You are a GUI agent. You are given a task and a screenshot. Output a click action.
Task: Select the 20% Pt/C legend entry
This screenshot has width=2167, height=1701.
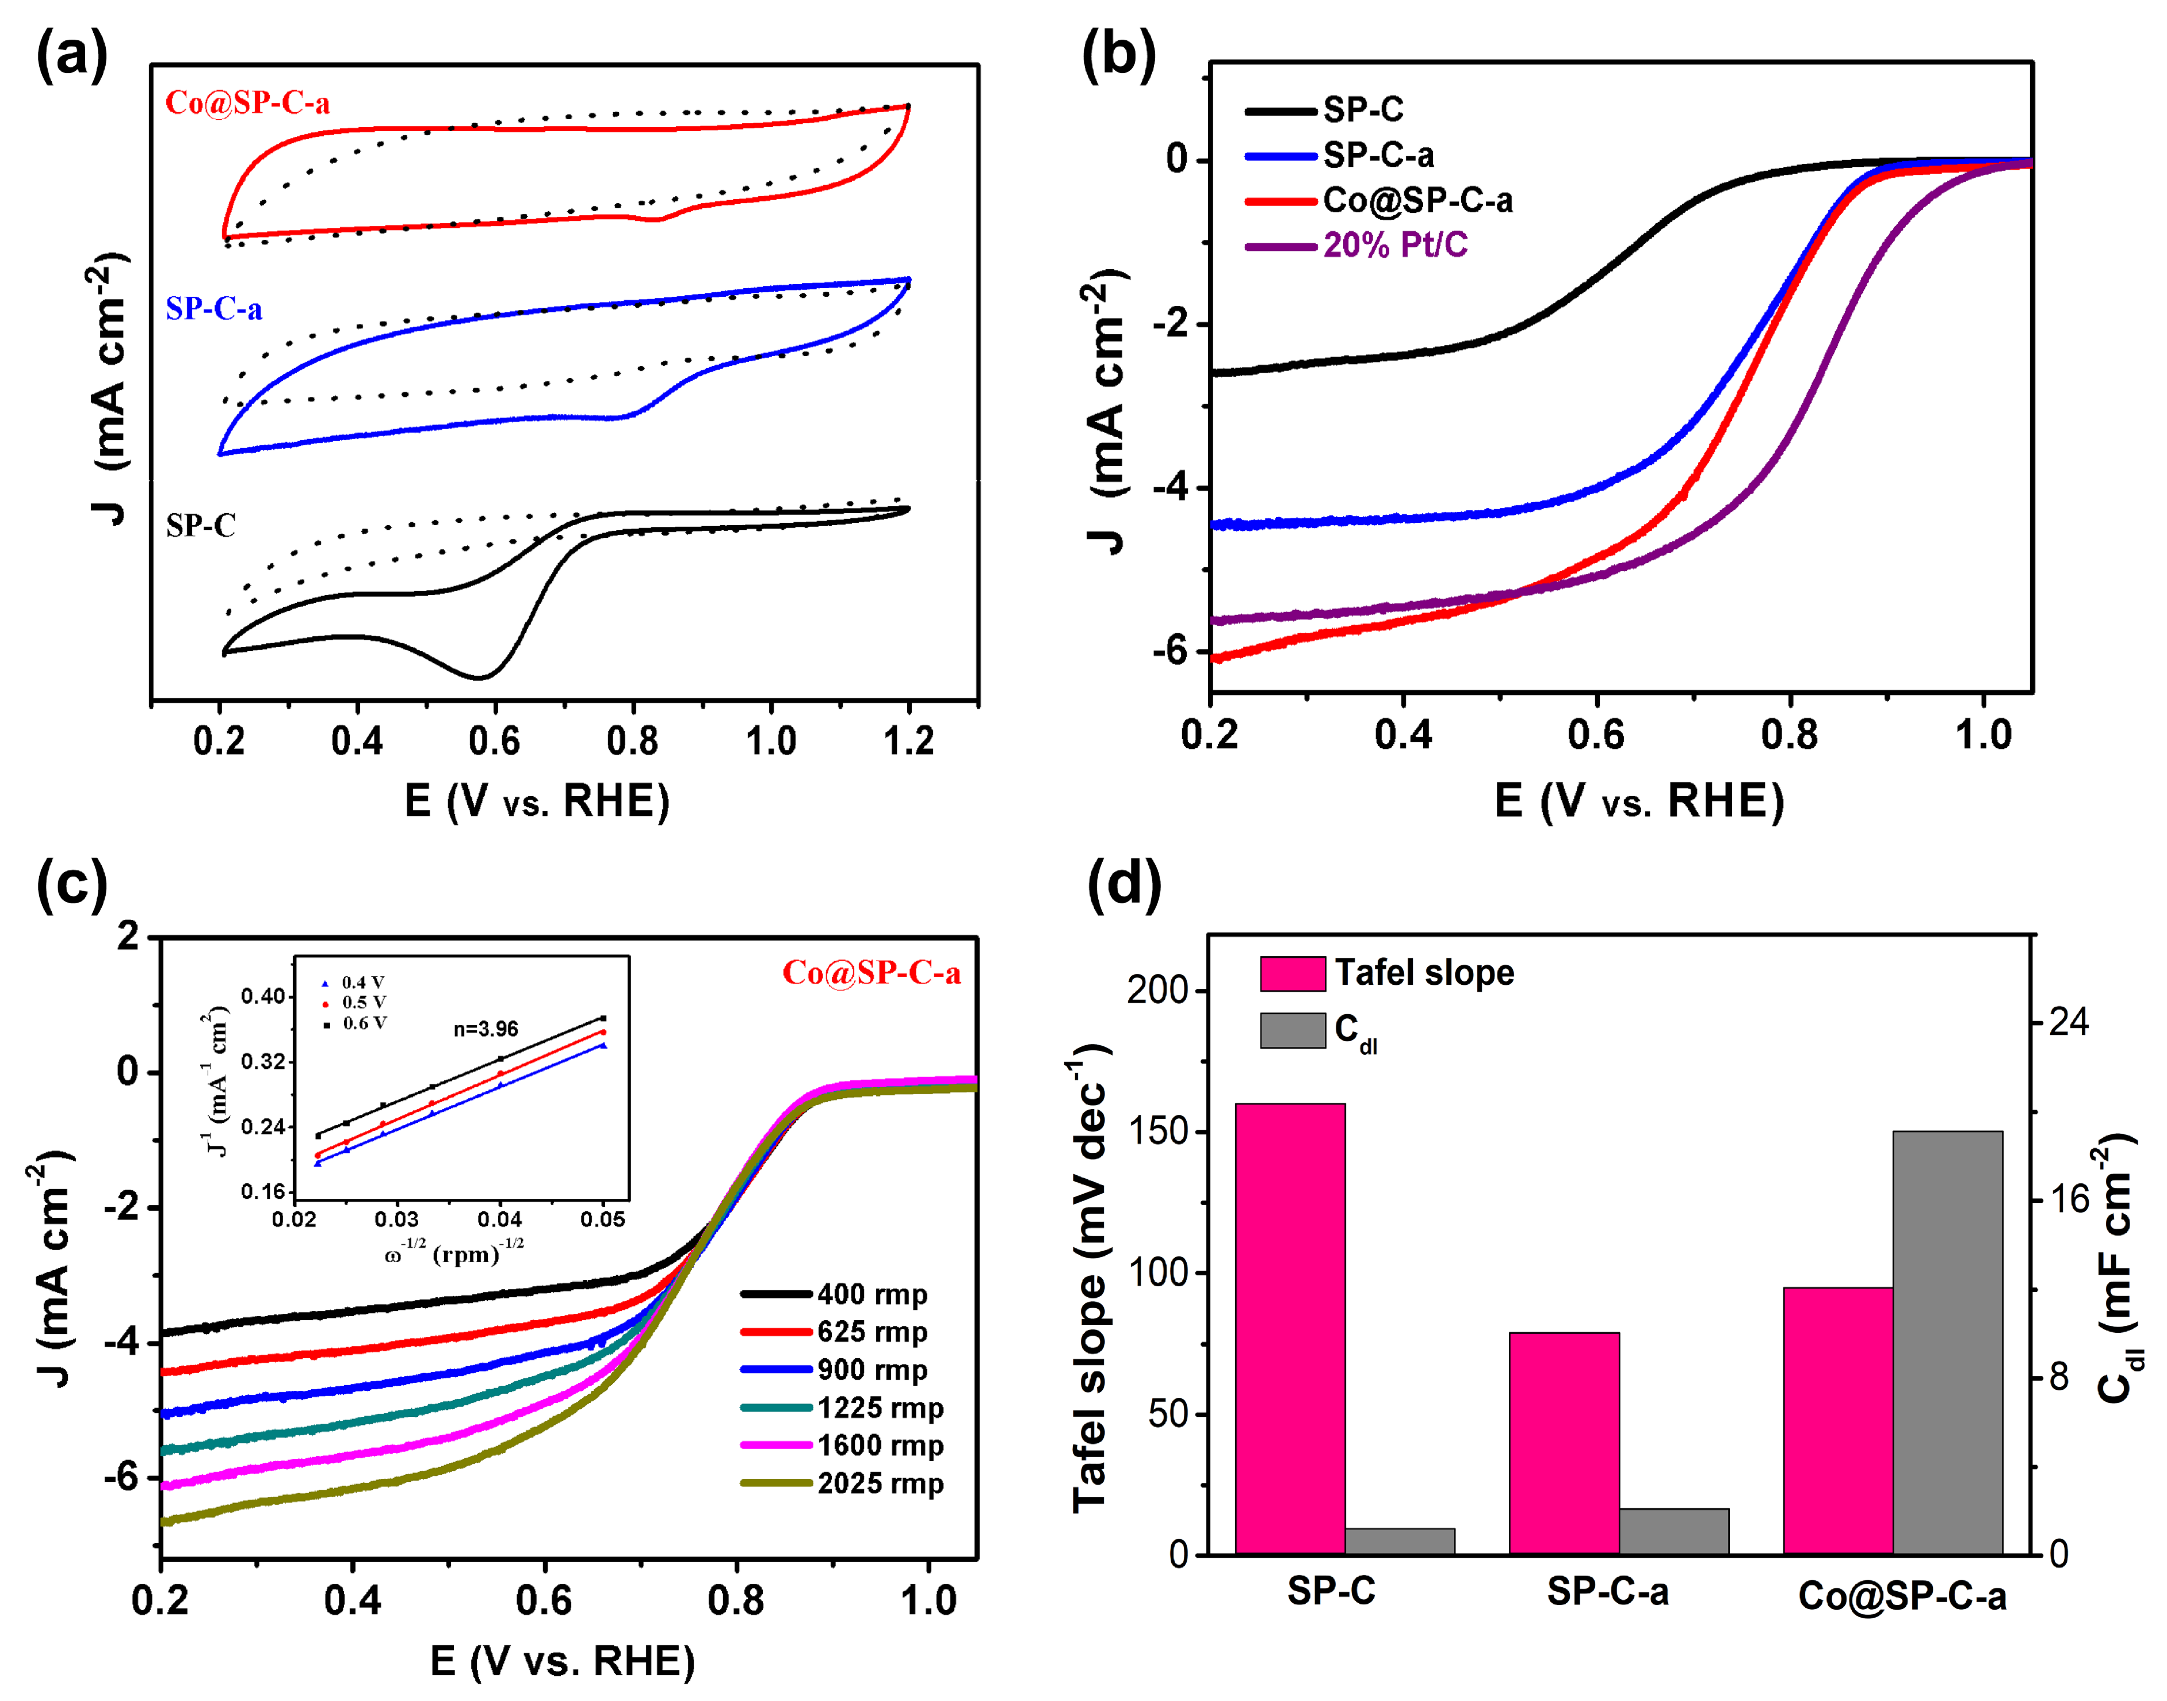tap(1394, 245)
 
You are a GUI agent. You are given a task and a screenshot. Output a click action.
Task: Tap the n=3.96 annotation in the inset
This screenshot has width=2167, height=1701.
tap(486, 1029)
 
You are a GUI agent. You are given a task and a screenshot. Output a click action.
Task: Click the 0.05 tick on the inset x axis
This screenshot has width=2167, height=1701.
tap(602, 1219)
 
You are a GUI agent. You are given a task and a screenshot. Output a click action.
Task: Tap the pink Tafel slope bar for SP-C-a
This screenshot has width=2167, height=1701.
tap(1564, 1443)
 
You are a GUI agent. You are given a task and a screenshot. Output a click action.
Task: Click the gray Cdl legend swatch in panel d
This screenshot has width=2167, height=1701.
tap(1291, 1030)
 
